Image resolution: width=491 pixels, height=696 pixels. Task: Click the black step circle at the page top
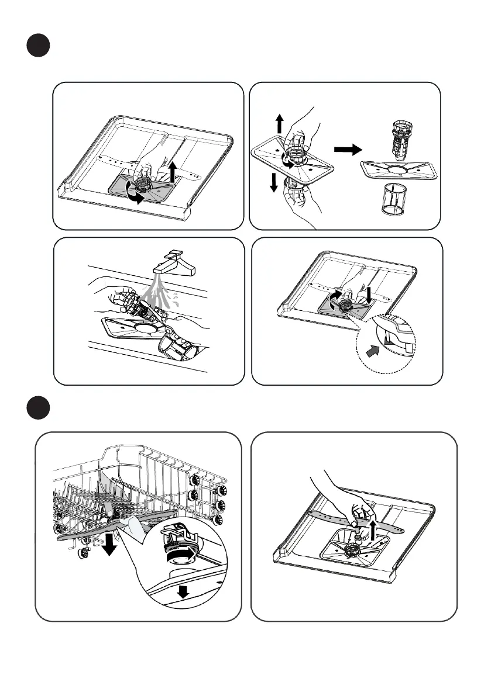click(x=39, y=44)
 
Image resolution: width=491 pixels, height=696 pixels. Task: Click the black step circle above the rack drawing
click(x=39, y=407)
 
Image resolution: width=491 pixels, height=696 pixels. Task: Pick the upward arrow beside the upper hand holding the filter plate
click(x=280, y=124)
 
